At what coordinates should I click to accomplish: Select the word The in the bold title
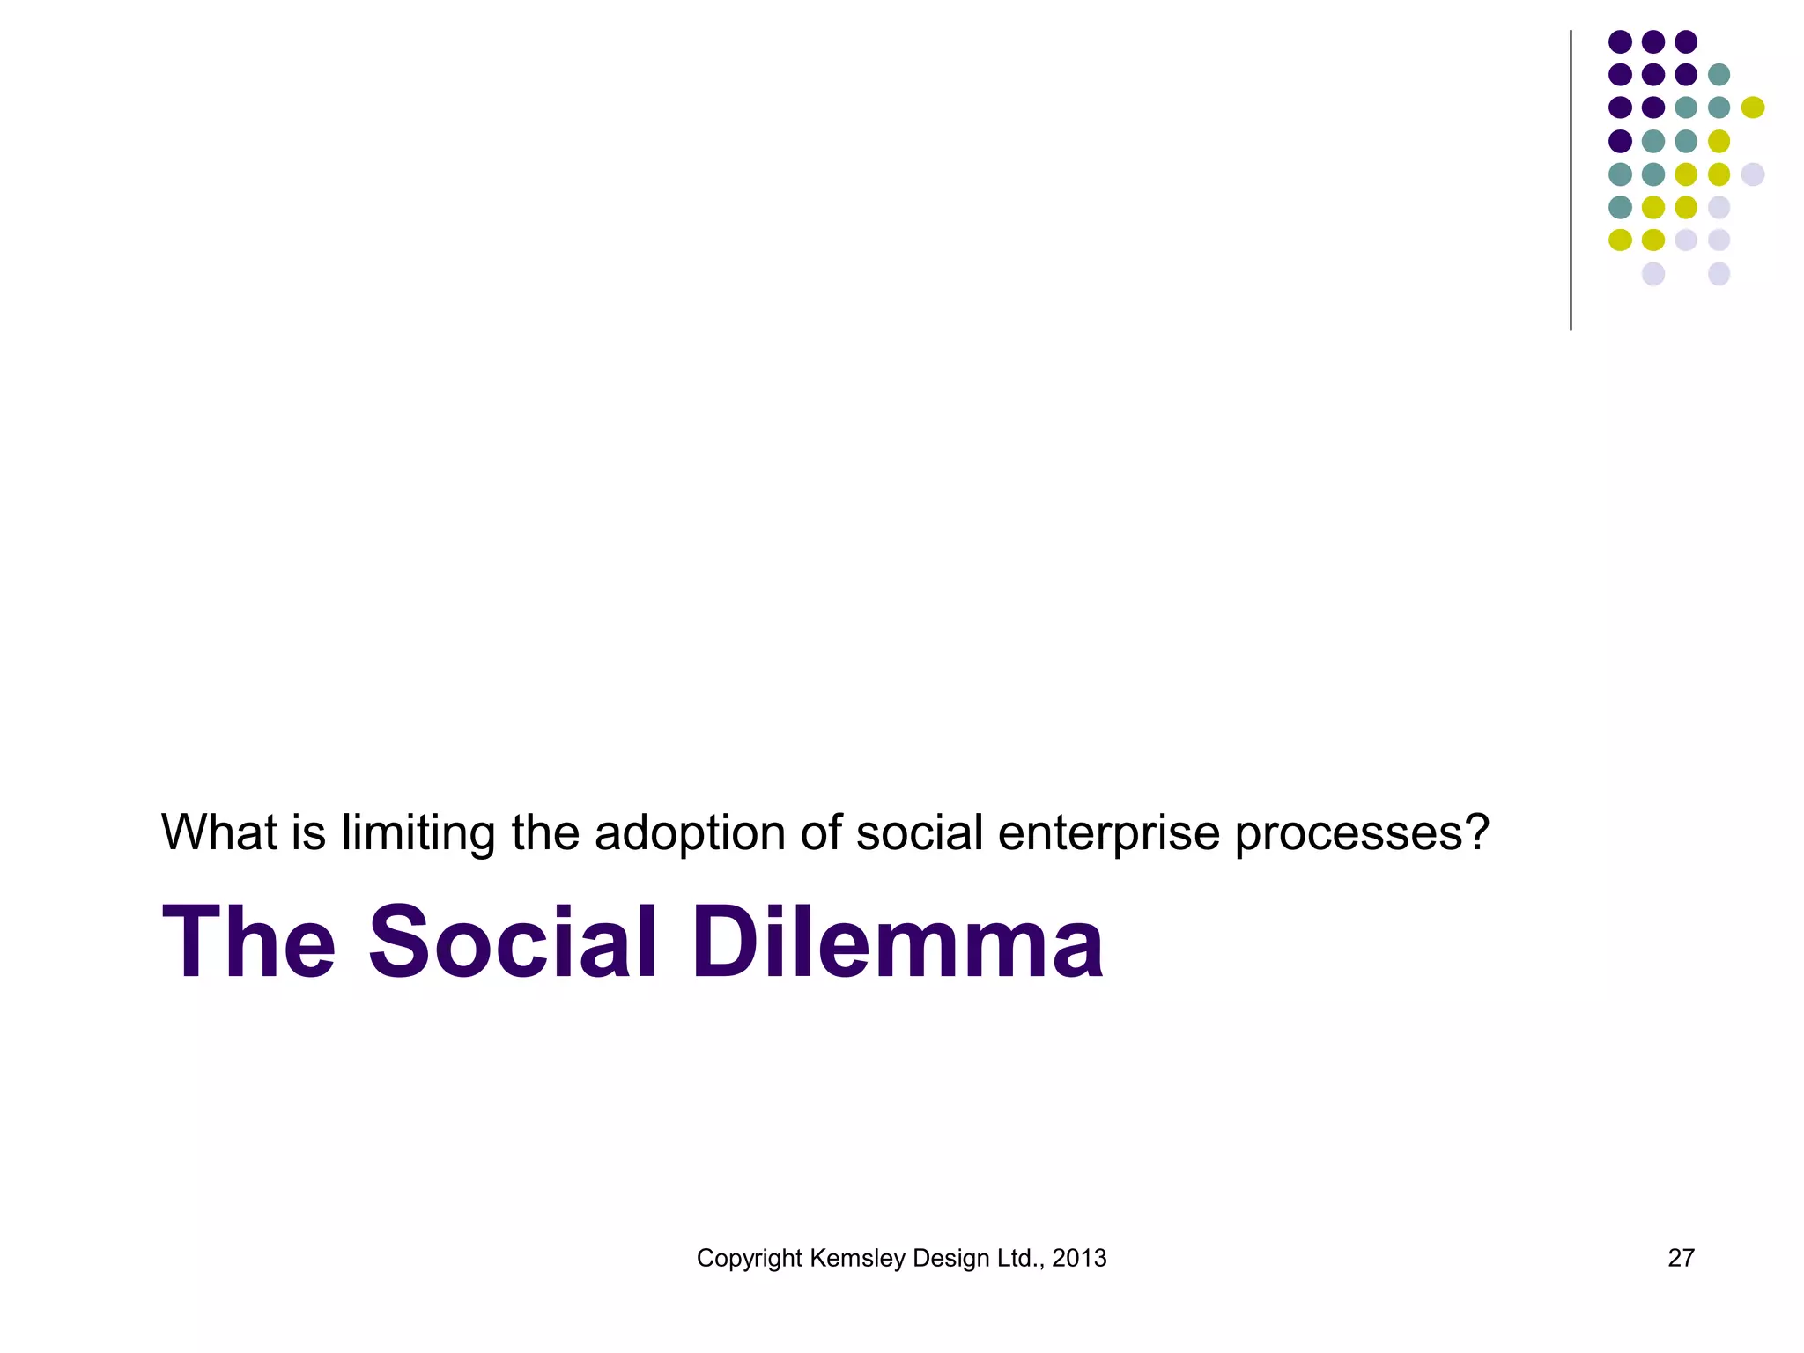pos(248,943)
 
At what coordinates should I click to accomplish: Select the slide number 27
pos(1681,1258)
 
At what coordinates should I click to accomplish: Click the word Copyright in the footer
pos(749,1259)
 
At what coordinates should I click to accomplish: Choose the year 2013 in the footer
pos(1079,1258)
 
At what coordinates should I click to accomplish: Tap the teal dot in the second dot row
pos(1719,74)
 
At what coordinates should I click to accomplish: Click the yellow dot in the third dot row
pos(1753,107)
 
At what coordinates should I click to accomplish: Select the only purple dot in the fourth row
pos(1620,141)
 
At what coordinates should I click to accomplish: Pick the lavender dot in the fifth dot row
pos(1753,174)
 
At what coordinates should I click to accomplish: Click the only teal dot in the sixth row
pos(1620,207)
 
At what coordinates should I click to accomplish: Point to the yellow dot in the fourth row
pos(1719,141)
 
